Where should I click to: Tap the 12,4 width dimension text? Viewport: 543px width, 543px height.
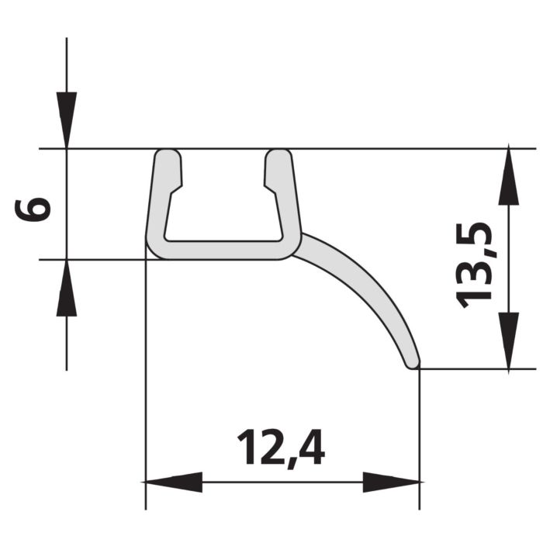point(281,448)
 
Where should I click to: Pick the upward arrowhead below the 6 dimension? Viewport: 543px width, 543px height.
point(67,288)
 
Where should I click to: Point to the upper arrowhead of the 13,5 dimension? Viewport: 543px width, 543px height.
point(508,175)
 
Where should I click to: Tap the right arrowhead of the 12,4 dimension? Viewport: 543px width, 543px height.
point(393,482)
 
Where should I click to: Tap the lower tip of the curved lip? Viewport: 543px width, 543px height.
point(413,361)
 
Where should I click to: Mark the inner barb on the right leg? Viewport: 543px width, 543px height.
point(268,184)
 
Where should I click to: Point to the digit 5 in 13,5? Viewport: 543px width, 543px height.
point(476,236)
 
